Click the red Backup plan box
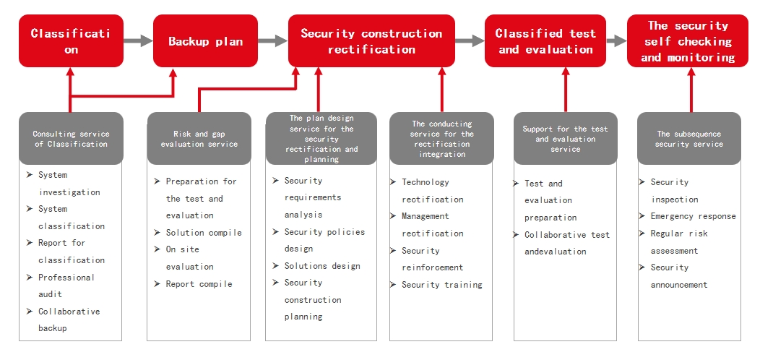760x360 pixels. coord(205,40)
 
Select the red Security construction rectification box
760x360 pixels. coord(371,40)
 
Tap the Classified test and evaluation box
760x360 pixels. coord(545,40)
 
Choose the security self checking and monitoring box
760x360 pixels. coord(688,40)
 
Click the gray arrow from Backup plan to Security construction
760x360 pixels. coord(273,40)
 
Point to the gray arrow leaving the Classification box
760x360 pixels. coord(138,40)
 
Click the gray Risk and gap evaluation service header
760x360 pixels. coord(199,138)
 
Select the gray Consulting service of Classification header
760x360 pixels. coord(72,138)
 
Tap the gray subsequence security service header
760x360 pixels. coord(688,138)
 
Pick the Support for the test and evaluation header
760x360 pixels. coord(565,138)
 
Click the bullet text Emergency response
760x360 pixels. coord(693,216)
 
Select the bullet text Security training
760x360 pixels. coord(442,285)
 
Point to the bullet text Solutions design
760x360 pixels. coord(322,266)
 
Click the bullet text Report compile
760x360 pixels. coord(199,284)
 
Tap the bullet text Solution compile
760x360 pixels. coord(204,232)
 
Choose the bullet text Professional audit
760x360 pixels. coord(66,286)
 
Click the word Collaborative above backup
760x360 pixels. coord(69,312)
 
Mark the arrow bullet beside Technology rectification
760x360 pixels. coord(393,182)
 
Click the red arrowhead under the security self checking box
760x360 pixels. coord(691,72)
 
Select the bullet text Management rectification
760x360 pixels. coord(432,225)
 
